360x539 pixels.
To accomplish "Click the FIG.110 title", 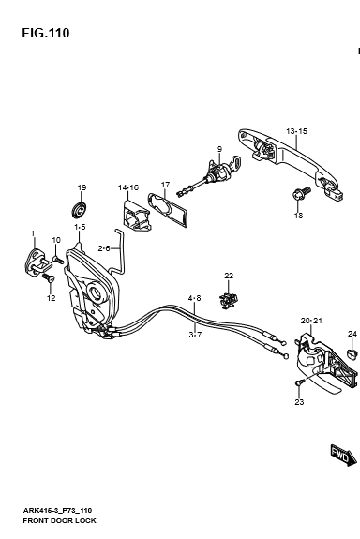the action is pyautogui.click(x=46, y=33).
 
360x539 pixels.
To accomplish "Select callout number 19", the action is pyautogui.click(x=82, y=187).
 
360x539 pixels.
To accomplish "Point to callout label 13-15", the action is pyautogui.click(x=297, y=131).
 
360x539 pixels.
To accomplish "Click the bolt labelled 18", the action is pyautogui.click(x=301, y=195).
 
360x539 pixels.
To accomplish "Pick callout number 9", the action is pyautogui.click(x=219, y=149).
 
